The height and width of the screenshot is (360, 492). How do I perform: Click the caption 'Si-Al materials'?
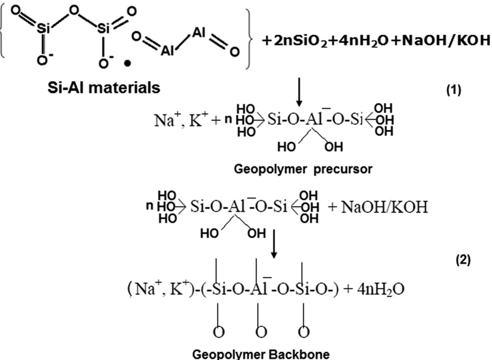pyautogui.click(x=104, y=87)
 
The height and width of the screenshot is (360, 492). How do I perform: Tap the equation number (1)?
pyautogui.click(x=454, y=90)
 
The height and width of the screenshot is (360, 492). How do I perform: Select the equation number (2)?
pyautogui.click(x=463, y=260)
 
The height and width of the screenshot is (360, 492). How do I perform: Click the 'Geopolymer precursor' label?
pyautogui.click(x=303, y=169)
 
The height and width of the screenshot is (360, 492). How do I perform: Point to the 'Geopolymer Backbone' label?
pyautogui.click(x=261, y=354)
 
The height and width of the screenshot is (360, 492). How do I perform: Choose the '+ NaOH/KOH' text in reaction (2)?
pyautogui.click(x=378, y=207)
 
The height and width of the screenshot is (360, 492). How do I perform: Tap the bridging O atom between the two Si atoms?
pyautogui.click(x=74, y=11)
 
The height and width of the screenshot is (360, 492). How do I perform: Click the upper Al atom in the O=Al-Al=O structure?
pyautogui.click(x=198, y=33)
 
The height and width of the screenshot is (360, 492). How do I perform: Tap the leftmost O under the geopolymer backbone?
pyautogui.click(x=219, y=332)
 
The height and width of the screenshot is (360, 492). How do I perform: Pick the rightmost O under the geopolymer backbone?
pyautogui.click(x=304, y=332)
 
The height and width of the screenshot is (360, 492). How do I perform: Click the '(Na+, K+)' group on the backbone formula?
pyautogui.click(x=160, y=289)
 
